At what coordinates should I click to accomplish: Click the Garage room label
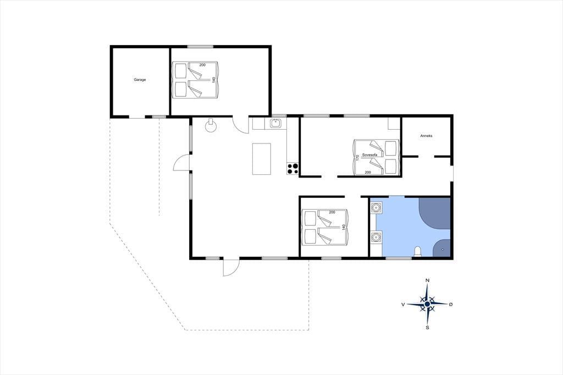(140, 80)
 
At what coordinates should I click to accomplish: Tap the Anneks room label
(426, 136)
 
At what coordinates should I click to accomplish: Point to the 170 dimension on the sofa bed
(357, 158)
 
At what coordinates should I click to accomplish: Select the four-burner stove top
(292, 169)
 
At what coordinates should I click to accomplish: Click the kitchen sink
(276, 124)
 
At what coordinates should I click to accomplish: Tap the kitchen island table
(261, 159)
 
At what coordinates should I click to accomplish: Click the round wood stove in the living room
(211, 126)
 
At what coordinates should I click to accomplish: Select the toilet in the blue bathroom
(418, 251)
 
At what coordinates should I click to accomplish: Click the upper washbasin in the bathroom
(376, 208)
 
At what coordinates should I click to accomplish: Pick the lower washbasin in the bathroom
(376, 237)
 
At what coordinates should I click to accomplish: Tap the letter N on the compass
(427, 280)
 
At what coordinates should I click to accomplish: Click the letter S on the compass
(427, 328)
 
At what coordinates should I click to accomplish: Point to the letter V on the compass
(403, 305)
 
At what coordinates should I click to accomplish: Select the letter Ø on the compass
(451, 304)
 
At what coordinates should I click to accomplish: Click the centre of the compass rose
(427, 304)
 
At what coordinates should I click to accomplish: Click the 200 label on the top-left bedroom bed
(202, 65)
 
